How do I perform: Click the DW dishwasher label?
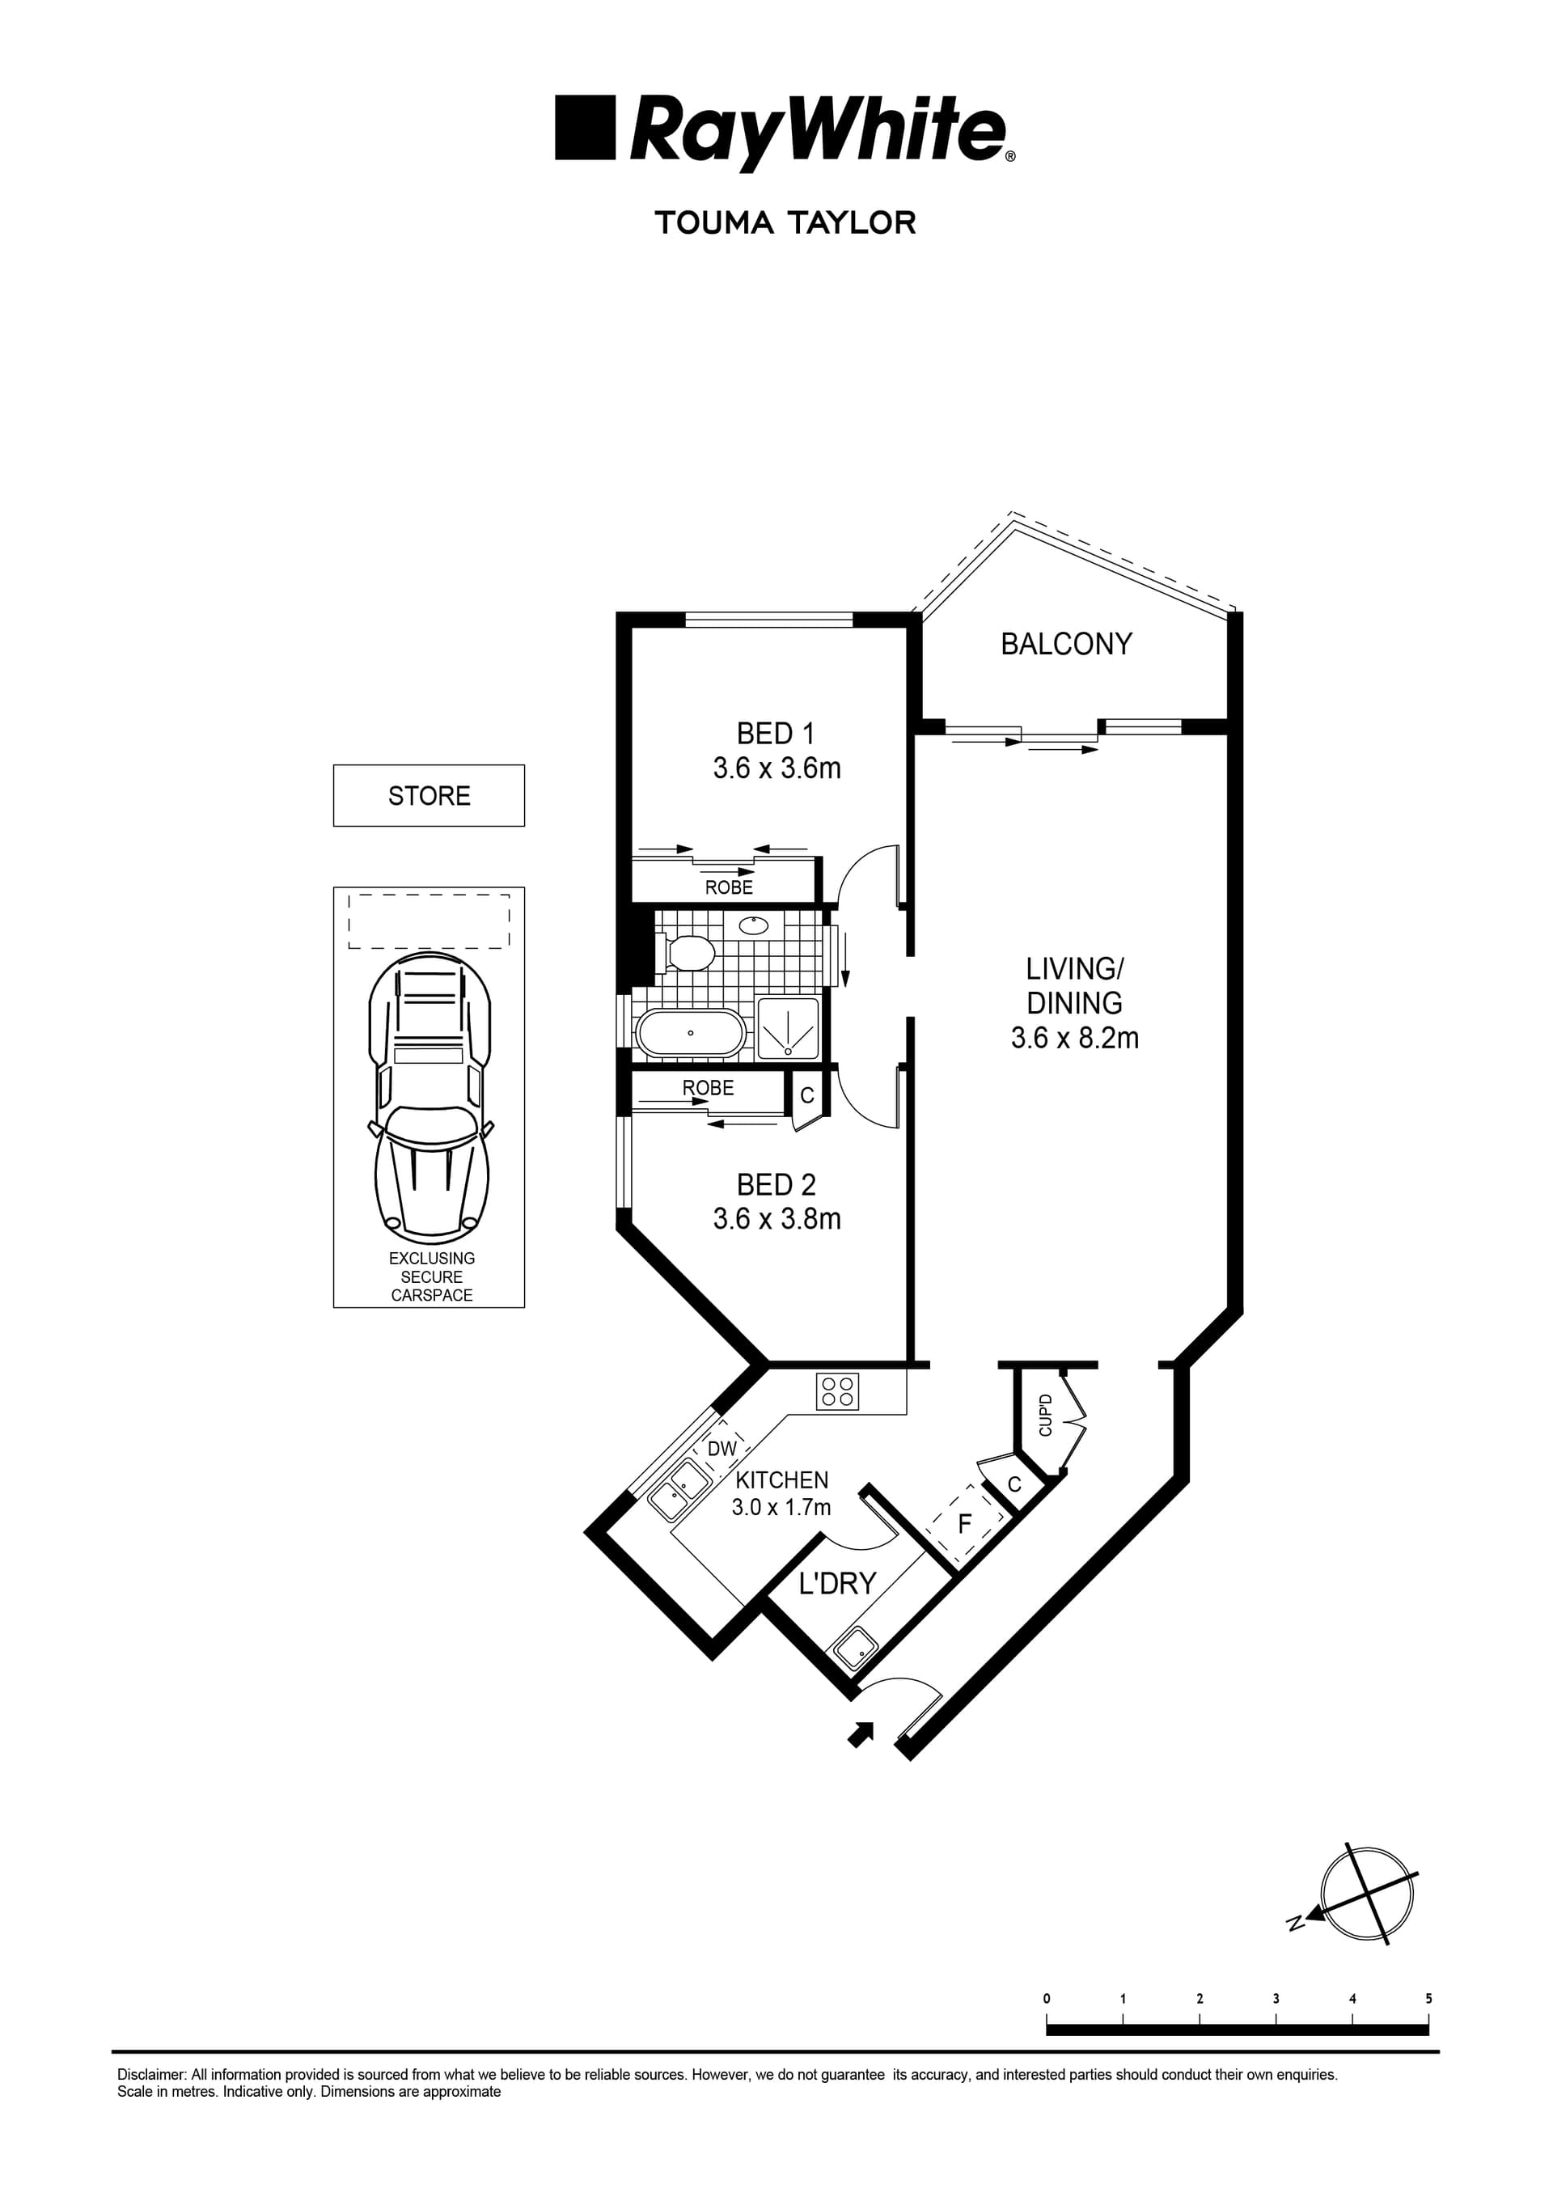tap(722, 1449)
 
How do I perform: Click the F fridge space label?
tap(963, 1523)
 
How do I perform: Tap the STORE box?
tap(429, 795)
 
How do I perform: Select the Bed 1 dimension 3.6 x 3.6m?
tap(776, 768)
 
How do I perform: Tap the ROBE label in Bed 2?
tap(708, 1088)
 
